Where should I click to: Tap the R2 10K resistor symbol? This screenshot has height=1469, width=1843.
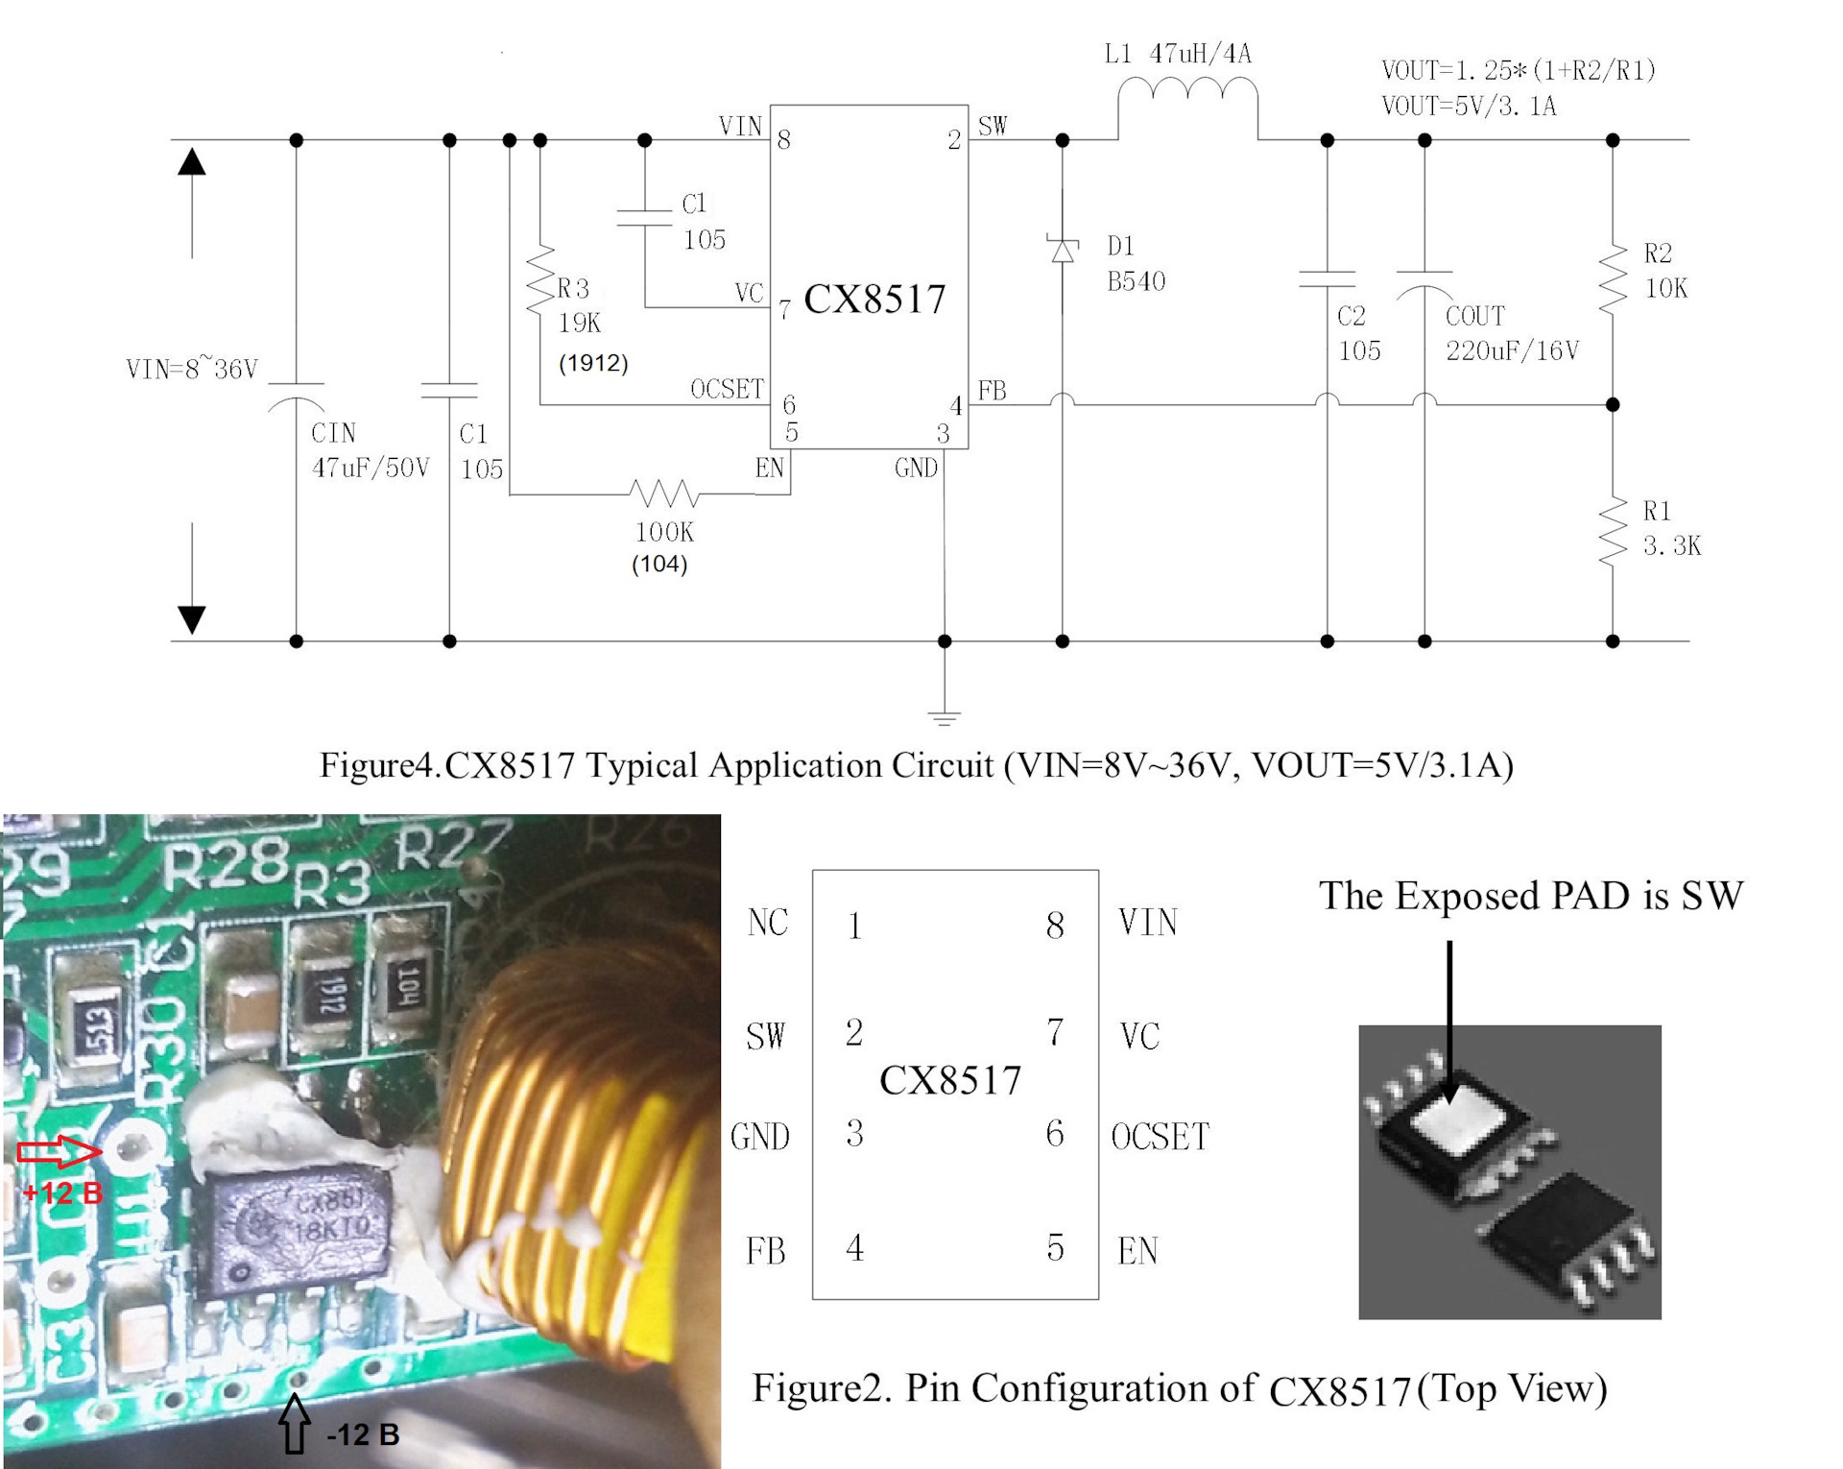point(1613,278)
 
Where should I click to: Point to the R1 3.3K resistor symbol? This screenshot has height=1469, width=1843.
point(1613,532)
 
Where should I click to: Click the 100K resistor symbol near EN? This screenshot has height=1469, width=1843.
point(663,494)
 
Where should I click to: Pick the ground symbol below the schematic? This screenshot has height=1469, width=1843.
point(945,716)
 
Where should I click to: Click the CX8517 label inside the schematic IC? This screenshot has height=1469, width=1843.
point(874,300)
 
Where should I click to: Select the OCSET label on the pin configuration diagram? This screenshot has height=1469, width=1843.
point(1160,1137)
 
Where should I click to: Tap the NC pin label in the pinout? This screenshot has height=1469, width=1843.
point(768,923)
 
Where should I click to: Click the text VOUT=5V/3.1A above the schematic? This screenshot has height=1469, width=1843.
point(1469,106)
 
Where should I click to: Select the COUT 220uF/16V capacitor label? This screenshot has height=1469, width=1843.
point(1511,333)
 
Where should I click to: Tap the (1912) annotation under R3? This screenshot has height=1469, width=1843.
point(593,363)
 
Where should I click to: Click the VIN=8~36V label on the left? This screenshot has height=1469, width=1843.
point(192,370)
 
